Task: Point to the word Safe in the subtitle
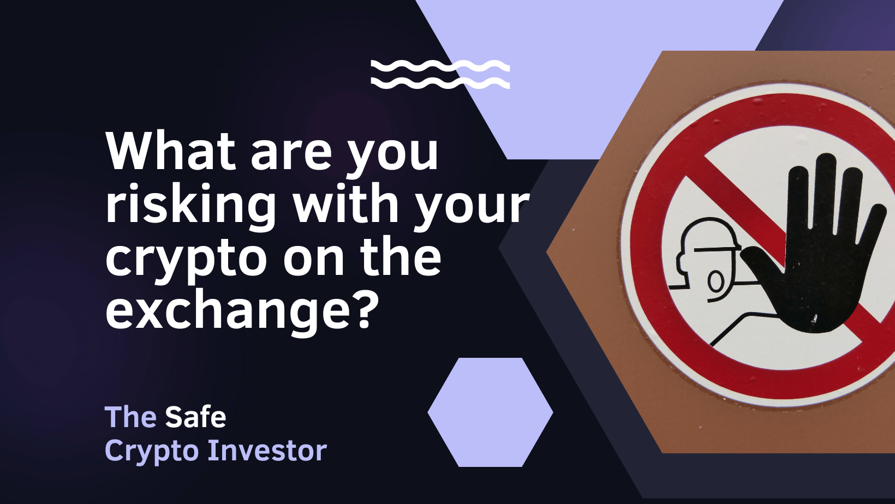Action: coord(195,417)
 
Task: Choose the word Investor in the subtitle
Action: coord(267,451)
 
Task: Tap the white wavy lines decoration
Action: coord(440,74)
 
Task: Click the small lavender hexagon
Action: coord(490,412)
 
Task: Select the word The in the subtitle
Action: coord(130,417)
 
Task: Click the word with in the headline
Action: coord(344,202)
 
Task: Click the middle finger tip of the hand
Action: coord(826,157)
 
